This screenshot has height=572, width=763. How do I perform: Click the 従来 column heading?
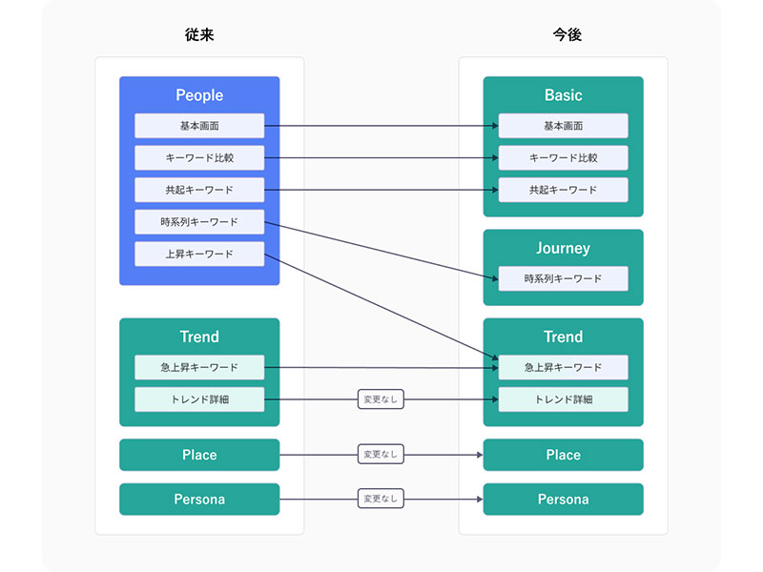click(x=199, y=34)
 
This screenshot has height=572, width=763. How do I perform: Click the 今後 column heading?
click(x=567, y=34)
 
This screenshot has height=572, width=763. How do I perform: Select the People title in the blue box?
click(x=199, y=94)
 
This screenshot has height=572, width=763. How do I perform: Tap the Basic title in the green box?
click(x=563, y=94)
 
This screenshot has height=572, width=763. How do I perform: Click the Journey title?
click(x=563, y=248)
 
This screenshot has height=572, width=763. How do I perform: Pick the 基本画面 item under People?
click(x=199, y=126)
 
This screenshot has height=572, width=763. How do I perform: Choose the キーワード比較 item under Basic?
click(x=563, y=157)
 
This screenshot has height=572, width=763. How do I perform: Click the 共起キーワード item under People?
click(x=199, y=190)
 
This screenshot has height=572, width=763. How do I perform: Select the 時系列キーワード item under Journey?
click(x=563, y=278)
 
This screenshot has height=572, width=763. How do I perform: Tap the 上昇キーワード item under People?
click(x=199, y=254)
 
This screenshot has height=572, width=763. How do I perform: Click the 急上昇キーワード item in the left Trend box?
click(x=199, y=367)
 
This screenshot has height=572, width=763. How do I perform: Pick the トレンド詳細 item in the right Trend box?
click(x=563, y=399)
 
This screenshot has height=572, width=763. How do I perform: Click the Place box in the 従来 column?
click(x=199, y=455)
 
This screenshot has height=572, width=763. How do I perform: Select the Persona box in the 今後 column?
click(x=563, y=499)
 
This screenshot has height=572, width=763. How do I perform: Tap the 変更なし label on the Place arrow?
click(x=381, y=455)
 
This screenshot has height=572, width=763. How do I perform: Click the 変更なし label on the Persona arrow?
click(x=381, y=499)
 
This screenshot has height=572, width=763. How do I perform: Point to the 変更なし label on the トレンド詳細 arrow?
click(x=381, y=399)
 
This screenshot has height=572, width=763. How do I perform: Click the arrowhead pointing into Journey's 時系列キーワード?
click(x=495, y=278)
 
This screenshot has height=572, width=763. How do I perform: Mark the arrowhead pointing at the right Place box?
click(x=480, y=455)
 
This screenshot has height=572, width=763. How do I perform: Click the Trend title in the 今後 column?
click(x=563, y=337)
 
